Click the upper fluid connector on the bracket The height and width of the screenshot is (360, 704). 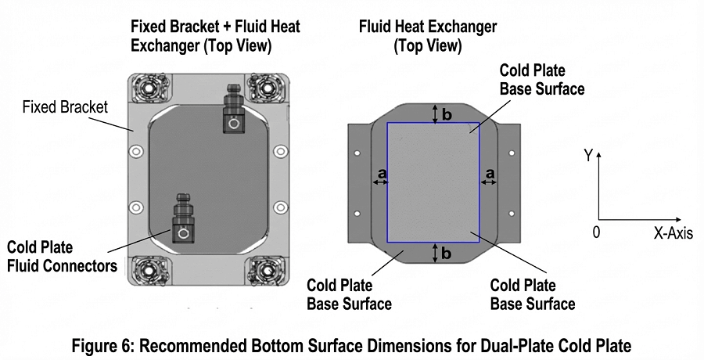coord(232,111)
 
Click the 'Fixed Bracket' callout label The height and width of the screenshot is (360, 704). coord(65,106)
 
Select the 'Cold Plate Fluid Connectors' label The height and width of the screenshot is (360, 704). coord(63,257)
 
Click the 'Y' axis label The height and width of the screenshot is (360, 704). coord(587,156)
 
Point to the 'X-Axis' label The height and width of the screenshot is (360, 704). coord(673,233)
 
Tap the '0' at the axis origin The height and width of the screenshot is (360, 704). coord(596,232)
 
